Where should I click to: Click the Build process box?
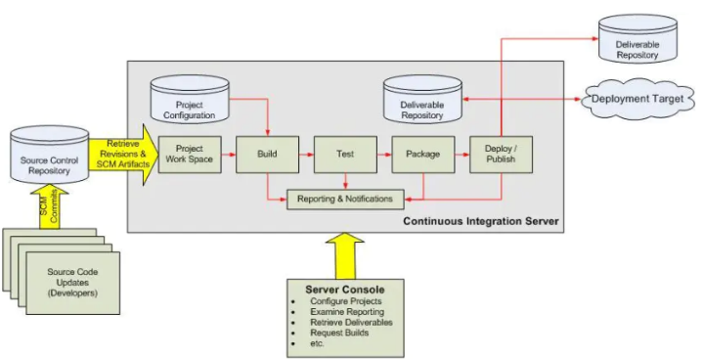click(267, 155)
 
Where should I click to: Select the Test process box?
click(345, 155)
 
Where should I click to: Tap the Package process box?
click(422, 155)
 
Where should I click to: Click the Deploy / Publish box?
click(501, 155)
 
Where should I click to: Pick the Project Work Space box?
click(190, 155)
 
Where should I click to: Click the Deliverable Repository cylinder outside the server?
click(637, 43)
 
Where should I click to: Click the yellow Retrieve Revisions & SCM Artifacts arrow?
click(121, 154)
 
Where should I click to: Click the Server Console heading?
click(344, 290)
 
